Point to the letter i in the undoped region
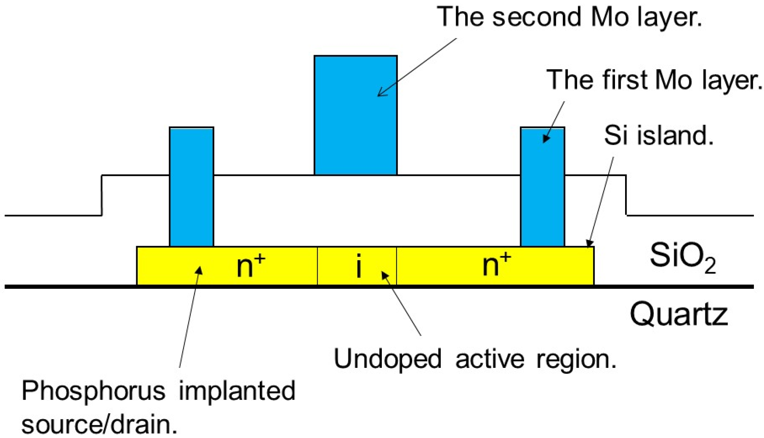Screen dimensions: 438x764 point(359,265)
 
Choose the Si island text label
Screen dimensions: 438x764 point(659,135)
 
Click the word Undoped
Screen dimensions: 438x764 point(387,359)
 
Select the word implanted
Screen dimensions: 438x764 point(237,391)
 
